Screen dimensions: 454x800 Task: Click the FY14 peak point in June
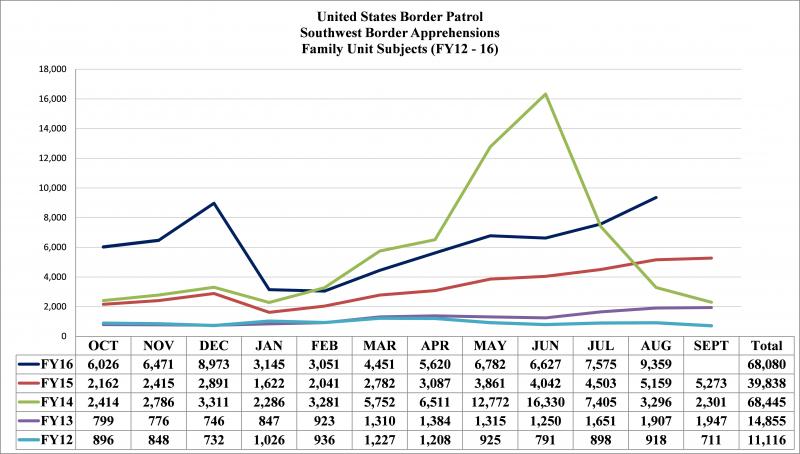[545, 94]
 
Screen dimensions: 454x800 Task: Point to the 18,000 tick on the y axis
[52, 70]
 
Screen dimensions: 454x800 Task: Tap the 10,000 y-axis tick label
[52, 188]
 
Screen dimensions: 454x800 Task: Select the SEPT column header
[711, 345]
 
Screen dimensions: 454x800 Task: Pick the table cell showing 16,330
[545, 401]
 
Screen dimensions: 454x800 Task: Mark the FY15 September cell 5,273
[711, 382]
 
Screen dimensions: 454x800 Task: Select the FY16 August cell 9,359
[655, 363]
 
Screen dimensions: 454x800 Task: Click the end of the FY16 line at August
[656, 197]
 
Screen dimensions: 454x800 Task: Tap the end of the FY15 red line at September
[711, 258]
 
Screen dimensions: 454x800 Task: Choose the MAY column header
[487, 345]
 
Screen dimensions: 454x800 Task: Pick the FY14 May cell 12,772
[487, 401]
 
